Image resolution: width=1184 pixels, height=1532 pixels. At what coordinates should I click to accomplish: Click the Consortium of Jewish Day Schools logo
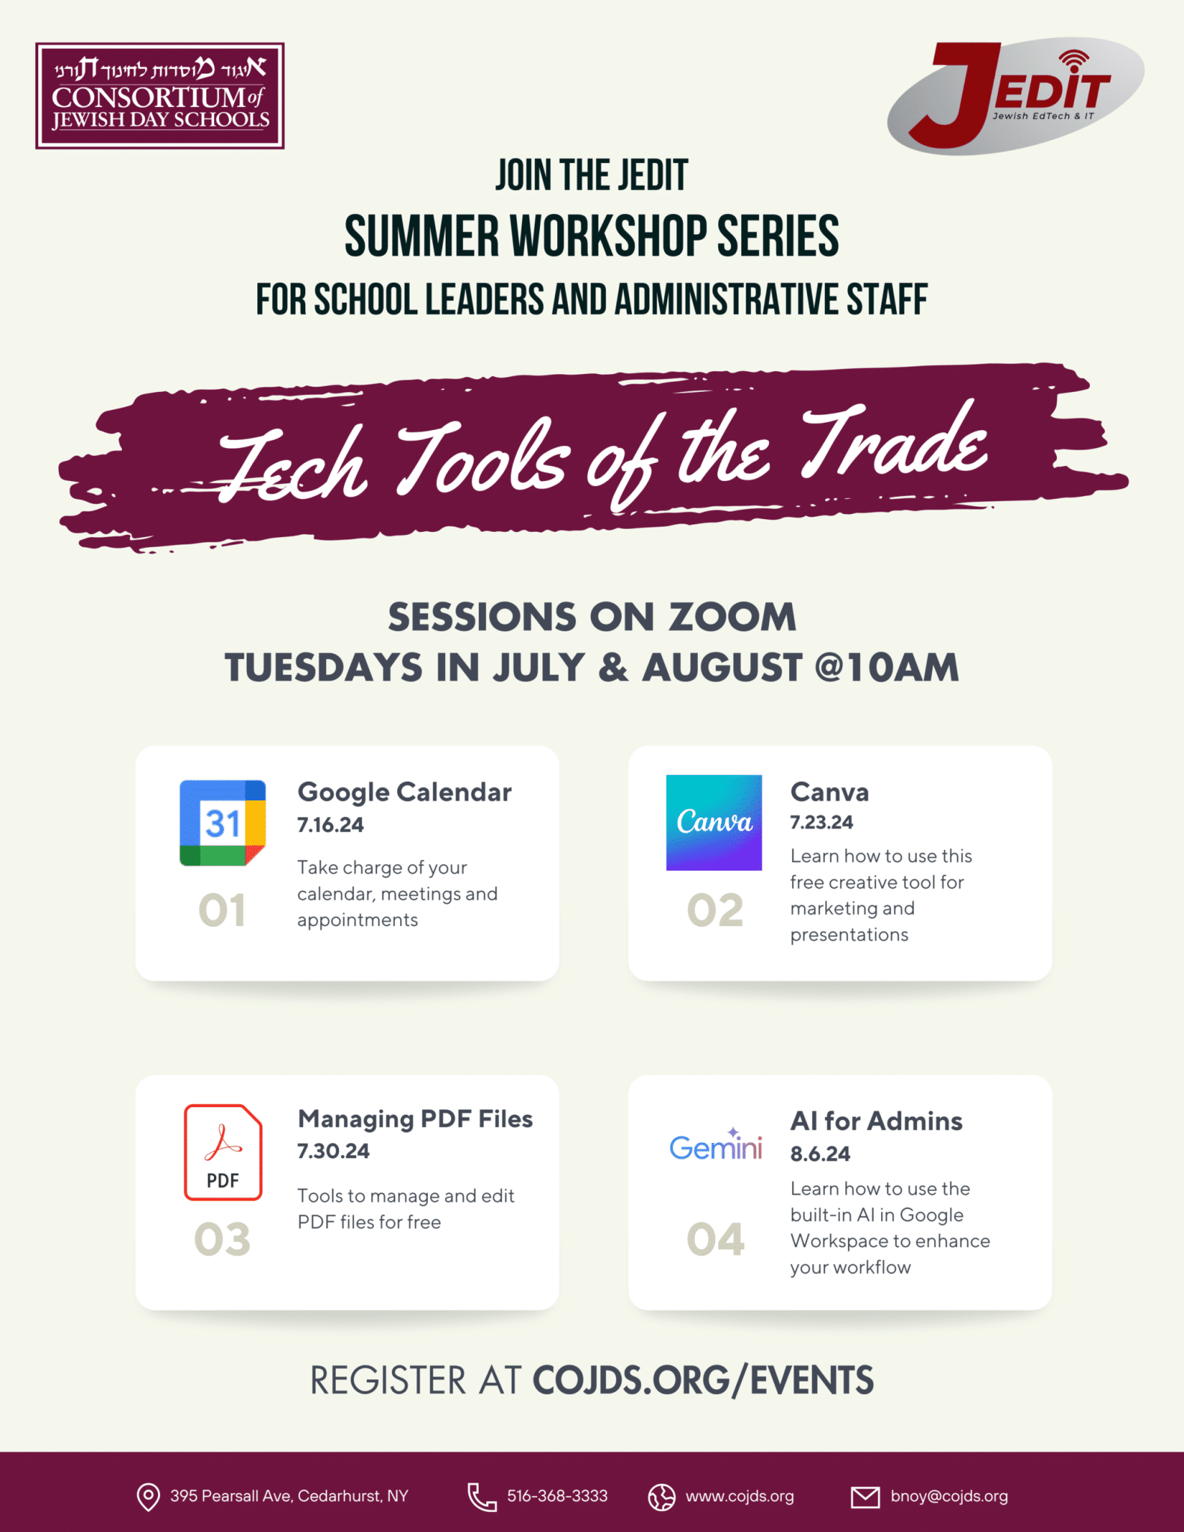click(160, 96)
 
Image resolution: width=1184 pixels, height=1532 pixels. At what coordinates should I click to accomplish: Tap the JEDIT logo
click(1015, 95)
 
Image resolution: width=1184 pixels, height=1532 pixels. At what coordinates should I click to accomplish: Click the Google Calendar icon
click(223, 823)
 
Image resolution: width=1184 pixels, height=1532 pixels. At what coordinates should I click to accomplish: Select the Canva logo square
click(714, 822)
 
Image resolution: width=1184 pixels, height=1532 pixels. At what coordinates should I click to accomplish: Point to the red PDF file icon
click(223, 1152)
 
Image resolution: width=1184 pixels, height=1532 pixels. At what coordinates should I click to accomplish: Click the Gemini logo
click(716, 1145)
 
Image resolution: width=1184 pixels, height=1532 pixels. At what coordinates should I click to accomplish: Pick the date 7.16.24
click(331, 825)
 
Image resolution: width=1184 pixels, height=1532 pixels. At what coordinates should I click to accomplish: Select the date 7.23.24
click(821, 822)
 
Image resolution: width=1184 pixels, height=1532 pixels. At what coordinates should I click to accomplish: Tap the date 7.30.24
click(334, 1150)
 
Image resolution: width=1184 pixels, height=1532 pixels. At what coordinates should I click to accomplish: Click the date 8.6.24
click(820, 1153)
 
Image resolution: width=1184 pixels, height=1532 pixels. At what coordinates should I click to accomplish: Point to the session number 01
click(222, 910)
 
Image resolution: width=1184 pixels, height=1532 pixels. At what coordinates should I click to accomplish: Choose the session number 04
click(716, 1240)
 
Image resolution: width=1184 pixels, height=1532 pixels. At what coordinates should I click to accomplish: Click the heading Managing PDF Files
click(415, 1119)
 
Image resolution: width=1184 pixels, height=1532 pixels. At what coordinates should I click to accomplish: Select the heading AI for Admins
click(877, 1121)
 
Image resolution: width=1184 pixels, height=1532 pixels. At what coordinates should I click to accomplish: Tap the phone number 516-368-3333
click(557, 1496)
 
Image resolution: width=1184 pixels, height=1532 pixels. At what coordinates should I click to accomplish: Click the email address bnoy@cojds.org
click(949, 1496)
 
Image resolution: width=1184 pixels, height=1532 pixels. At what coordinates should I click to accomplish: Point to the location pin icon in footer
click(148, 1496)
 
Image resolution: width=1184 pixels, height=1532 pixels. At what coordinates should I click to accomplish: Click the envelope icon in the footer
click(865, 1497)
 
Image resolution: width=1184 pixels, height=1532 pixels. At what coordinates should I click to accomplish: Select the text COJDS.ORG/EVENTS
click(703, 1380)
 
